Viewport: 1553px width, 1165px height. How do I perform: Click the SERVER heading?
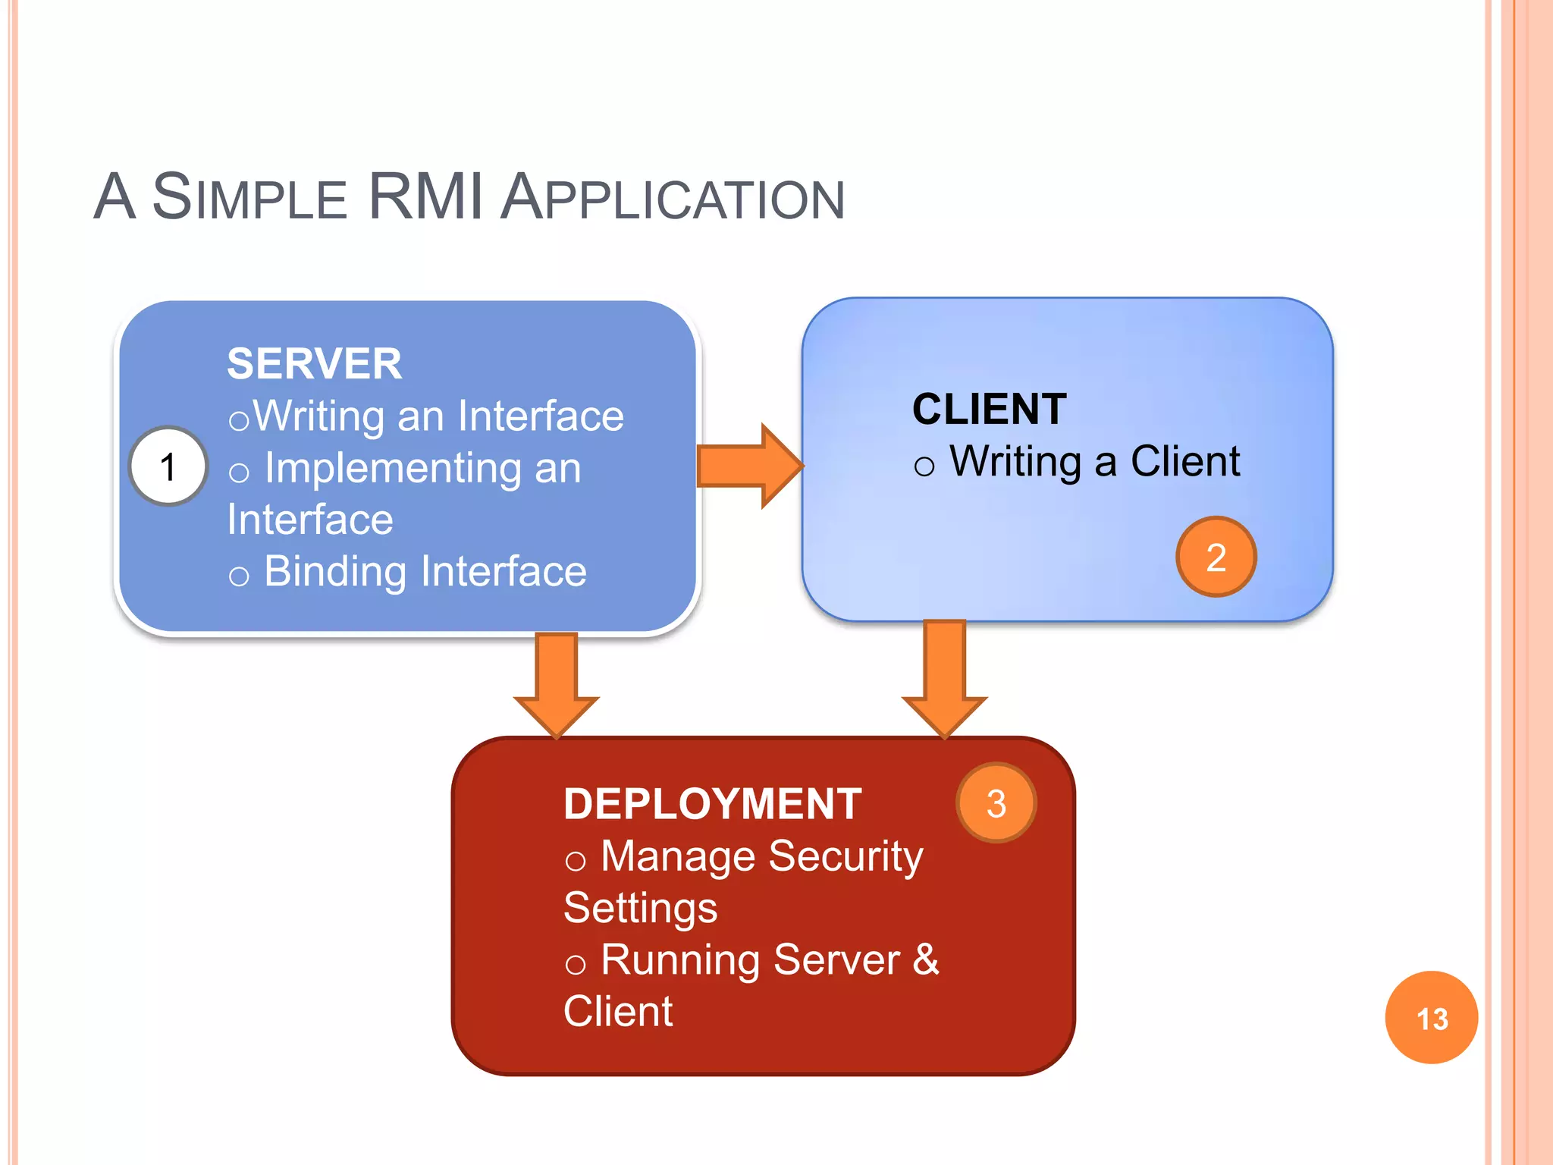point(314,364)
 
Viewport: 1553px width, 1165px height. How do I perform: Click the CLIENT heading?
point(989,410)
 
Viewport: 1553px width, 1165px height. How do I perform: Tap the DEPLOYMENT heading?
point(712,804)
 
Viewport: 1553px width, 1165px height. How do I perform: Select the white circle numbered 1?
point(168,466)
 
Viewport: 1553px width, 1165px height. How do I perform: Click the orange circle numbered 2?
point(1216,557)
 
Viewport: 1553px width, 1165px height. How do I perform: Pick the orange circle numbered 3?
point(996,803)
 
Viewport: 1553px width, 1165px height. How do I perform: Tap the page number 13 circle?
point(1431,1018)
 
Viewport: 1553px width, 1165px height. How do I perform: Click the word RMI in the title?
point(425,197)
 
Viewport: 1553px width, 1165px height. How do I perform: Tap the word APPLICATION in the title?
point(673,199)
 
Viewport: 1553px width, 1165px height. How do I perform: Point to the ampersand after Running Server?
point(926,959)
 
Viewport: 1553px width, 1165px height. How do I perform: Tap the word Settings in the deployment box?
point(640,909)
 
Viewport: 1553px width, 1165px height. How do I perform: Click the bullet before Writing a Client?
point(924,466)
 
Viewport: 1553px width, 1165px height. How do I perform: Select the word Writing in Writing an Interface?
point(319,417)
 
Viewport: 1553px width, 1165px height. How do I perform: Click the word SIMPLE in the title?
point(249,199)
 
